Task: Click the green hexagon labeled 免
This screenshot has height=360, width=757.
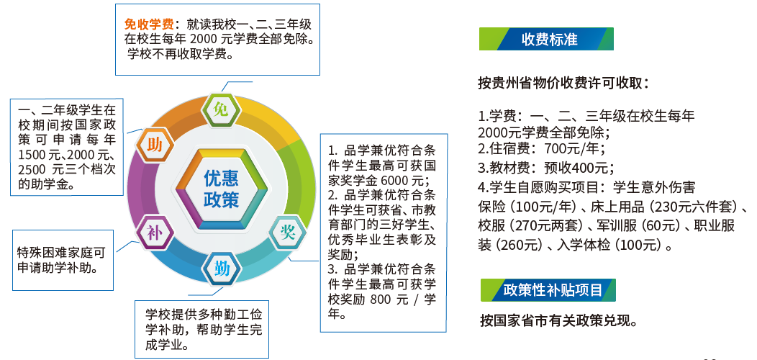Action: (x=221, y=110)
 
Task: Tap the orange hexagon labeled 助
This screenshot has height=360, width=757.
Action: (x=155, y=145)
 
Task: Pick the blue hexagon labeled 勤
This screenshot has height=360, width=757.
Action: (x=222, y=268)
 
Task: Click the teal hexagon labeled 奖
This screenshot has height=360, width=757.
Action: (x=288, y=233)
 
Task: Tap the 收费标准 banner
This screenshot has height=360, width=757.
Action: (x=546, y=39)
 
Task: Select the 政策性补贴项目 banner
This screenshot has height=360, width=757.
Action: (x=548, y=290)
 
